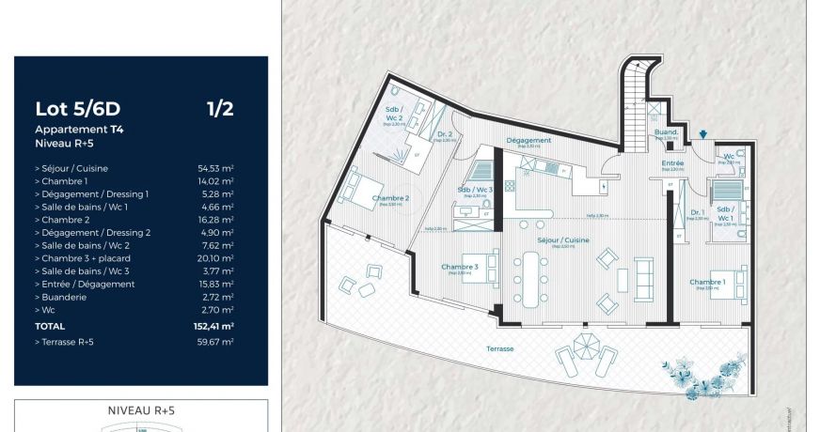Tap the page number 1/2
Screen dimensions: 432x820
(220, 109)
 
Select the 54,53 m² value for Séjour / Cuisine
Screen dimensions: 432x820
(215, 168)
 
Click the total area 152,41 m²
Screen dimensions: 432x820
(213, 325)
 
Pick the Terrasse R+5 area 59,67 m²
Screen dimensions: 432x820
(215, 342)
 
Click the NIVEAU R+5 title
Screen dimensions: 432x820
(141, 410)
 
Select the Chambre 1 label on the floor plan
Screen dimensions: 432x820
(706, 283)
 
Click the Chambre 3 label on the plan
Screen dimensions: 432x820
(460, 267)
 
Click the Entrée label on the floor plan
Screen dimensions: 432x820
(672, 163)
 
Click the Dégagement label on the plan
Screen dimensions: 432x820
(528, 140)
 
